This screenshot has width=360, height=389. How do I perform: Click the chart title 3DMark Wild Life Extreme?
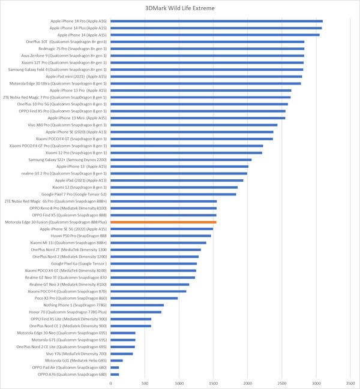pyautogui.click(x=180, y=9)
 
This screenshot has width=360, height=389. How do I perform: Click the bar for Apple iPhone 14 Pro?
pyautogui.click(x=217, y=21)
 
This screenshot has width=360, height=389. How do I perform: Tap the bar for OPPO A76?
pyautogui.click(x=115, y=374)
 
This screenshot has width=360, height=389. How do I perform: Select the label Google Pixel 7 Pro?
pyautogui.click(x=74, y=194)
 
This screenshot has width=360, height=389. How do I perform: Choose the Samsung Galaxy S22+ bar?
pyautogui.click(x=181, y=159)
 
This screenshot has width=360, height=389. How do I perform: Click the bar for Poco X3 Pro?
pyautogui.click(x=144, y=298)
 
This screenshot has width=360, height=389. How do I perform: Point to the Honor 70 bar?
pyautogui.click(x=136, y=312)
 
